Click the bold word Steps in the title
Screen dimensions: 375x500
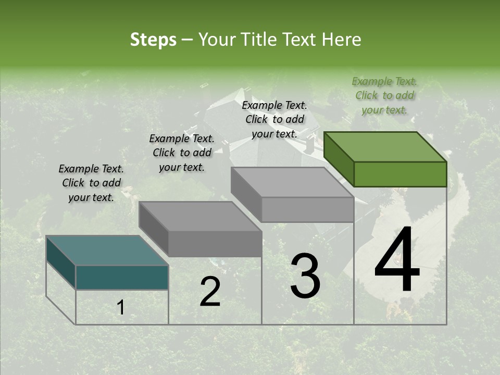pos(153,40)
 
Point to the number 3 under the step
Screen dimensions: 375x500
pos(305,276)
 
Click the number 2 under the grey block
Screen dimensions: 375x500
pos(210,292)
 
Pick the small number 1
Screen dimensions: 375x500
pos(120,308)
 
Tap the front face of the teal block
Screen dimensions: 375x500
pos(122,277)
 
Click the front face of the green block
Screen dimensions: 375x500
pos(400,174)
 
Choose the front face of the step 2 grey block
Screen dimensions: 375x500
pos(215,244)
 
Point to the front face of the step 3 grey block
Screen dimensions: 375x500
pos(307,209)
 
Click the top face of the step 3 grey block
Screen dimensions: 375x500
pos(292,182)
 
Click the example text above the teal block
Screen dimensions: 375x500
pos(91,183)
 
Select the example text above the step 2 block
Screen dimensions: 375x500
pos(182,153)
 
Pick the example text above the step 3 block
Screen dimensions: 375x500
pos(274,119)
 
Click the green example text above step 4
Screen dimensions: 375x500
pos(384,95)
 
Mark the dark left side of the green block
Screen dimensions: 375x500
pos(339,159)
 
